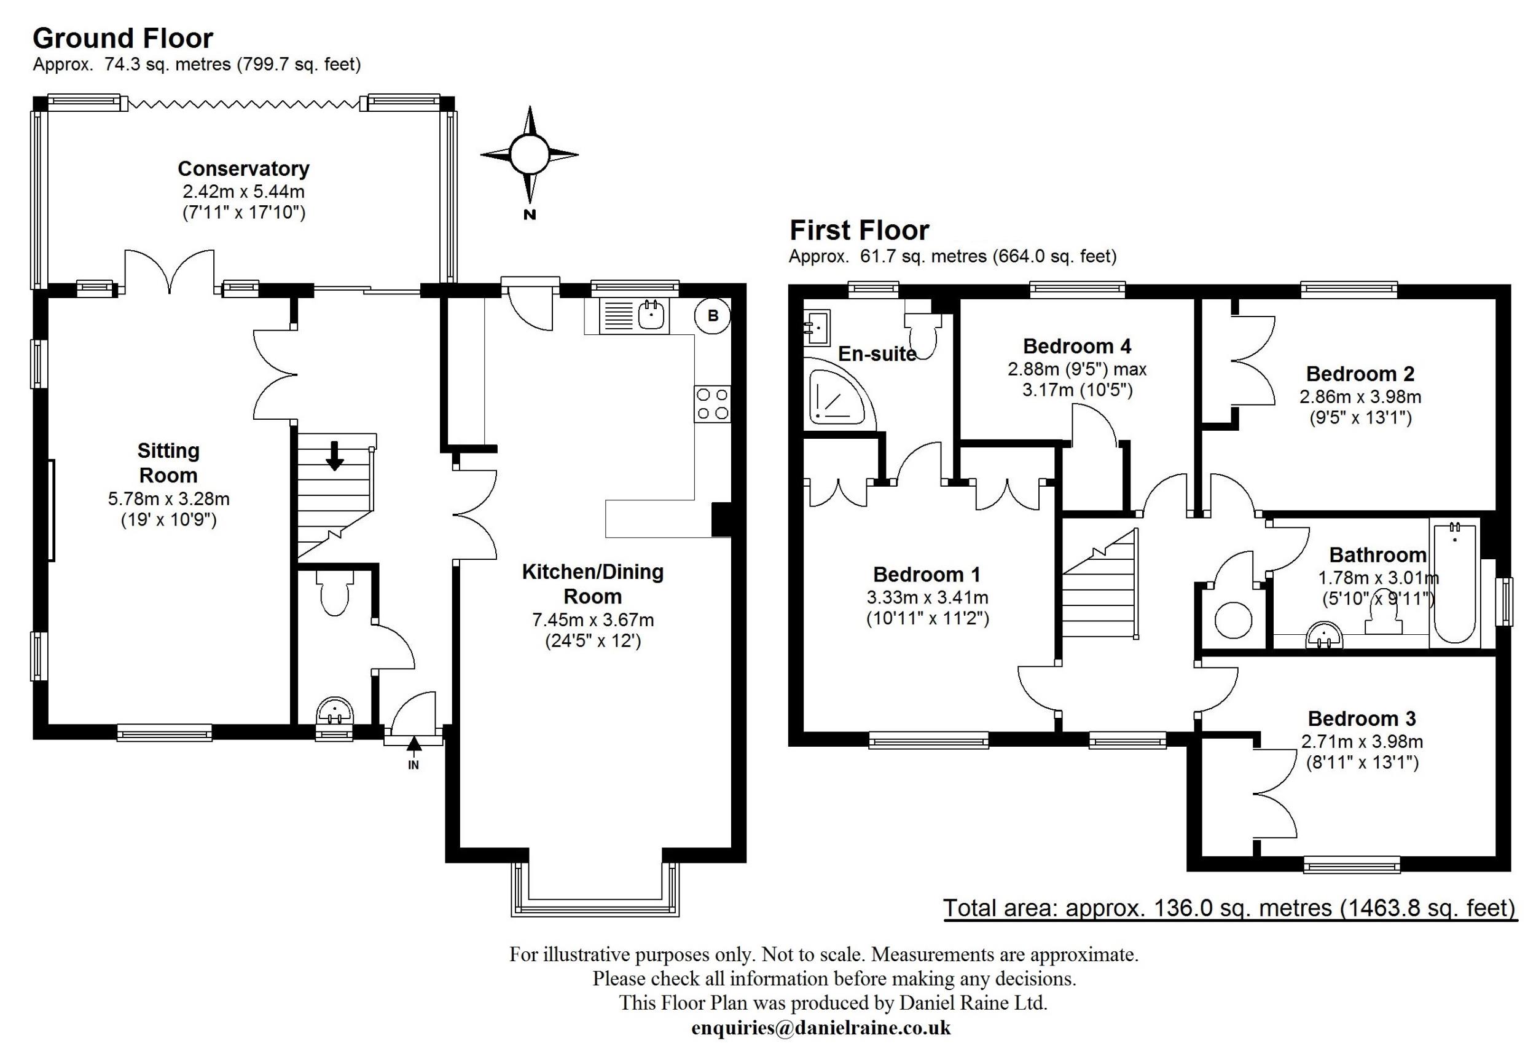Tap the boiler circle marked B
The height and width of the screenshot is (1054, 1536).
[x=713, y=316]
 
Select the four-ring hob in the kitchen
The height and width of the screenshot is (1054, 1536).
[x=713, y=404]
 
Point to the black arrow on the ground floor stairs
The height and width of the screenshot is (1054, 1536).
[x=335, y=455]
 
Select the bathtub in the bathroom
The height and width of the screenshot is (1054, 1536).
[x=1456, y=583]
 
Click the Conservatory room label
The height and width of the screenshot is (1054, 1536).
[x=243, y=168]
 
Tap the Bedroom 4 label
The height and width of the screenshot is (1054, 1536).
[x=1076, y=346]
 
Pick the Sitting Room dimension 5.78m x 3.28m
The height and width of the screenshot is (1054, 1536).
[x=168, y=498]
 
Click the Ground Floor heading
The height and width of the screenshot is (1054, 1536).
[x=123, y=38]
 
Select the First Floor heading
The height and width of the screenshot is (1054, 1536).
[x=859, y=230]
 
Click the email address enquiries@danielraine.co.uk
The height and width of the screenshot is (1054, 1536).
[x=821, y=1028]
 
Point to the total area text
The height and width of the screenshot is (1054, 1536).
[x=1229, y=908]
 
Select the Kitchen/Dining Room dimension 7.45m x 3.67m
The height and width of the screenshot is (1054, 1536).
[x=593, y=619]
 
